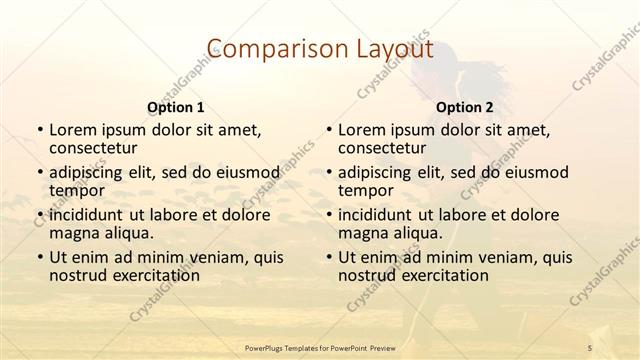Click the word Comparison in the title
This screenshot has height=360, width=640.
[265, 49]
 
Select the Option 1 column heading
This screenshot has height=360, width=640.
[175, 106]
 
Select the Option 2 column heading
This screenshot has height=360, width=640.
[464, 106]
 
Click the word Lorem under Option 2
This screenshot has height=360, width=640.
[362, 130]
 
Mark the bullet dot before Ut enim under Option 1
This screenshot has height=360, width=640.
[39, 258]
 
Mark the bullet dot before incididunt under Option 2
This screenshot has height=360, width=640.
[328, 216]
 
